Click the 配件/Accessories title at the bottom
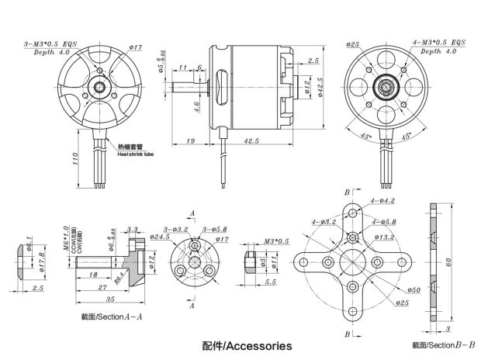point(247,345)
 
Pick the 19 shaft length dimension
point(189,142)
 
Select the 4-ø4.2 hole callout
point(383,201)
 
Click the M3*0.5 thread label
point(275,241)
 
